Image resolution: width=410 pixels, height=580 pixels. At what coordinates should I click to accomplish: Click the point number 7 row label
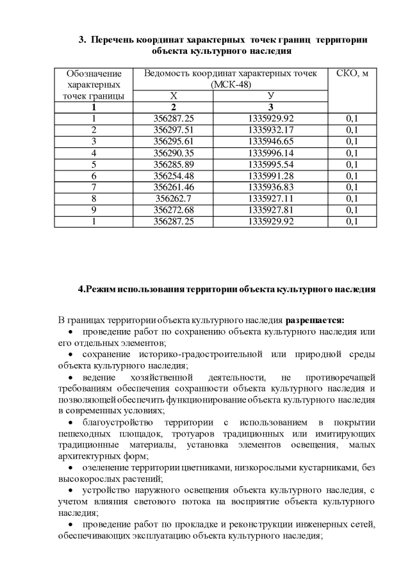coord(94,187)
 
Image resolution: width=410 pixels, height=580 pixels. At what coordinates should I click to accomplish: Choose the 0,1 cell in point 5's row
coord(352,164)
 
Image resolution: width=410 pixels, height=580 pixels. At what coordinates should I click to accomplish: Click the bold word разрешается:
coord(315,319)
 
